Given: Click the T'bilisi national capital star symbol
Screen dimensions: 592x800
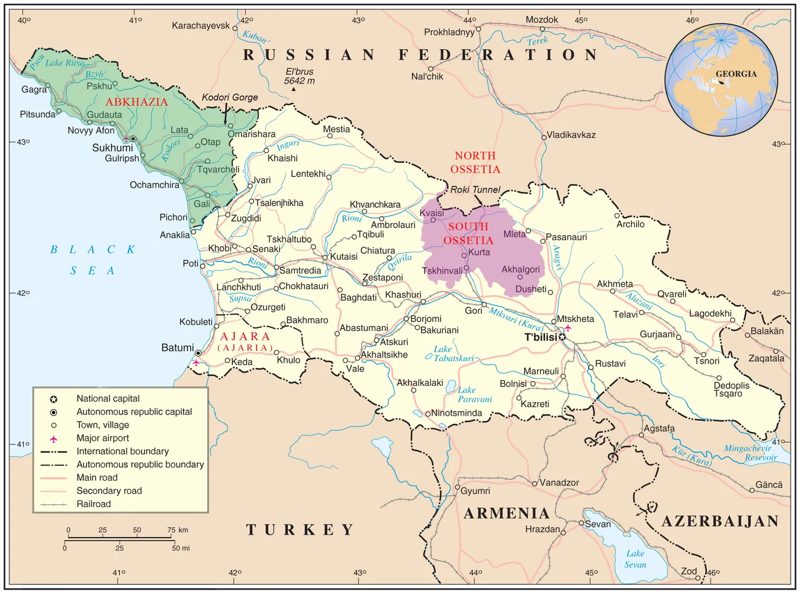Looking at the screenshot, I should (x=563, y=337).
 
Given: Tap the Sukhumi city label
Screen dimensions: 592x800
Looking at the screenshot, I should (x=112, y=148).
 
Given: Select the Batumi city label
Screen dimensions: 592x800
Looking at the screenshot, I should (x=177, y=348).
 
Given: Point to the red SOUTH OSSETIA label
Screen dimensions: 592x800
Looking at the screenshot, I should (x=468, y=233).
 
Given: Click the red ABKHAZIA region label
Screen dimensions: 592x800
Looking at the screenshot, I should (x=137, y=102).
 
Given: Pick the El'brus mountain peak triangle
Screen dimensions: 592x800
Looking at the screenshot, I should (x=294, y=89).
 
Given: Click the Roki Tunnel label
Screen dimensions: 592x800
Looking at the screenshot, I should (x=475, y=189).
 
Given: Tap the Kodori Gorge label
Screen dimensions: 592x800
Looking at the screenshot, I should (x=230, y=97).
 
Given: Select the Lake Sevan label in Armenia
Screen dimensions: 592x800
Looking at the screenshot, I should (x=635, y=559).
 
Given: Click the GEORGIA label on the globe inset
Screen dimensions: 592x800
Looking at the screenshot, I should (x=736, y=74).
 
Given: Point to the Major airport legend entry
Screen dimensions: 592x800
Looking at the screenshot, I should (x=102, y=438).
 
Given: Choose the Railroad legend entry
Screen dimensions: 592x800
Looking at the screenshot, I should (x=94, y=504).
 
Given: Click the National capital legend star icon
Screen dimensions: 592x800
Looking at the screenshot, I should (x=53, y=399).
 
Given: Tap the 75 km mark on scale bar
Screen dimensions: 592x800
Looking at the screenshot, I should (x=172, y=530).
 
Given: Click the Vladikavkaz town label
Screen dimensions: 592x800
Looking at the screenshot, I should (x=571, y=135).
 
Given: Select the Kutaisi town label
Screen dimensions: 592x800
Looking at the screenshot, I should (x=343, y=256).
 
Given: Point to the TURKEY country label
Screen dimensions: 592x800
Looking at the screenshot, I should (x=300, y=529).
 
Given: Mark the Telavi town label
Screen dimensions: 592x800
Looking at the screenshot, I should (x=625, y=314).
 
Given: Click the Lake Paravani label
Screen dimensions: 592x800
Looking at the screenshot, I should (x=474, y=394).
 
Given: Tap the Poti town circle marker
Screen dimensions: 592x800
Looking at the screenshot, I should (x=203, y=266).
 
